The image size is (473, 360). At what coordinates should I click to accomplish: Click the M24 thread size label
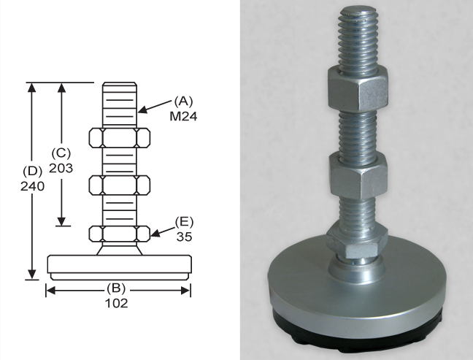183,116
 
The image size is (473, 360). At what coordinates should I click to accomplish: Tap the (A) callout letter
183,102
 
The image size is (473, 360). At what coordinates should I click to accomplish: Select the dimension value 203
61,168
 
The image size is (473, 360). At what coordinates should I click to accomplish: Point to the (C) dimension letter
61,153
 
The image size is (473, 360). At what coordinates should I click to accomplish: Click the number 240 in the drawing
32,186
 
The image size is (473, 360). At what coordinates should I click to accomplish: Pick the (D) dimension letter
33,171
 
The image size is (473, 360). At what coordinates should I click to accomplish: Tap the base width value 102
116,303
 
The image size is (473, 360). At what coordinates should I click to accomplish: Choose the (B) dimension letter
116,288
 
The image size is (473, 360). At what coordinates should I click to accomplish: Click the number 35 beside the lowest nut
185,237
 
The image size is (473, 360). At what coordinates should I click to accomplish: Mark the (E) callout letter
185,222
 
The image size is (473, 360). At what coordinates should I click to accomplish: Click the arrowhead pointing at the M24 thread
143,110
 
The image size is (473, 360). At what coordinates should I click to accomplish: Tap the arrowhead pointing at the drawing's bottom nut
155,233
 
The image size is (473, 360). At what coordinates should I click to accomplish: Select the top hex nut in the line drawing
120,138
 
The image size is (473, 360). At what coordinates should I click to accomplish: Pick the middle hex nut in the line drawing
120,185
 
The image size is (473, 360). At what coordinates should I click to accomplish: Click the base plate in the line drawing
120,267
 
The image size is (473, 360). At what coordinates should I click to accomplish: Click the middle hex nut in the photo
358,176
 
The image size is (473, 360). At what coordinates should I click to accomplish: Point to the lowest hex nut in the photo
357,242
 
